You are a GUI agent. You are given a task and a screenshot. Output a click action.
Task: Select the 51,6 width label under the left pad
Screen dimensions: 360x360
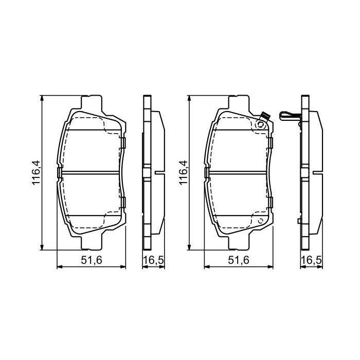(x=91, y=261)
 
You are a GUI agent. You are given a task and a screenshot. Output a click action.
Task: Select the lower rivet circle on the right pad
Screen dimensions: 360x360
(x=261, y=221)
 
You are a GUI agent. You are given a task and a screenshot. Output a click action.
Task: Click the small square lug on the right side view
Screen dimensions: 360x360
(x=298, y=221)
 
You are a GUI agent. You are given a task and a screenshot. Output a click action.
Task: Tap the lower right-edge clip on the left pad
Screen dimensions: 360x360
(x=123, y=202)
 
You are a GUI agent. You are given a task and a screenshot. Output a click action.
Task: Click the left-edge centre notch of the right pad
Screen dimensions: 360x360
(x=207, y=172)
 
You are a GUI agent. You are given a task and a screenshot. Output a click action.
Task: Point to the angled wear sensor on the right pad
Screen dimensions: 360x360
(x=263, y=117)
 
